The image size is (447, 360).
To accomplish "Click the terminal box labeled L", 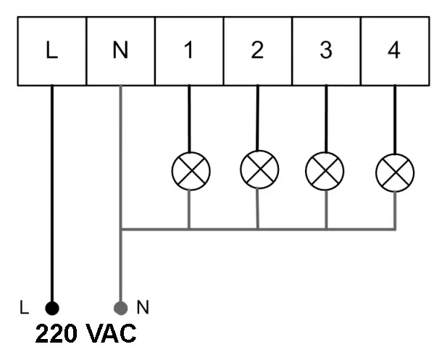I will (x=51, y=51).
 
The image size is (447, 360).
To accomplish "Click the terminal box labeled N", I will (x=120, y=51).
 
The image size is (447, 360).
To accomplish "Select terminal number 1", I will (x=189, y=51).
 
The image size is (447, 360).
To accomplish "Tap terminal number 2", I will (x=257, y=51).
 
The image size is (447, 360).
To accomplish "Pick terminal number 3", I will (x=326, y=51).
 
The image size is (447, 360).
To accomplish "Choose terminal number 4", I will (x=394, y=51).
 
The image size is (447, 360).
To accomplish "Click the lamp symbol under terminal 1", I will (x=191, y=172).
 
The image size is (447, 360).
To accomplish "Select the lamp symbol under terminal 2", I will (x=259, y=169).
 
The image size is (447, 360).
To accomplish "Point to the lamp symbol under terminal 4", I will (x=395, y=172).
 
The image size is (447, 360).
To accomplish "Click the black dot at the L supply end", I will (x=51, y=307).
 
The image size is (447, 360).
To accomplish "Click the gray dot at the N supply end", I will (x=121, y=307).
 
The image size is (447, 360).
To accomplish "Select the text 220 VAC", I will (x=85, y=334).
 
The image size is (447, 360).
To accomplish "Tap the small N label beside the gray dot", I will (x=143, y=307).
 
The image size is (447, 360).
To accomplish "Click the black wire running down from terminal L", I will (x=51, y=196).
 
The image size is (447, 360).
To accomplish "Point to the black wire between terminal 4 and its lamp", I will (x=394, y=120).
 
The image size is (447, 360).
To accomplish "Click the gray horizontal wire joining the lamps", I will (x=290, y=229).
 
